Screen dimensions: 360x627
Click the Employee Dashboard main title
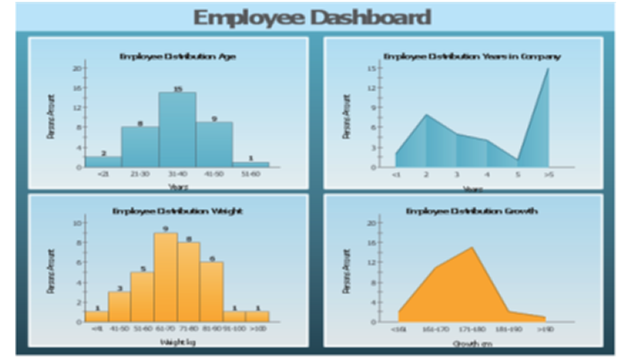click(312, 17)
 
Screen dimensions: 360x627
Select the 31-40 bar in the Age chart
click(177, 130)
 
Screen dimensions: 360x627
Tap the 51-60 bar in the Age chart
click(251, 164)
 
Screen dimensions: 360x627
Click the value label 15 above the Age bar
click(177, 88)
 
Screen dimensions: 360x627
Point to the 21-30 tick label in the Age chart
click(139, 174)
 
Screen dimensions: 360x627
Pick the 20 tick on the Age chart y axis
click(76, 67)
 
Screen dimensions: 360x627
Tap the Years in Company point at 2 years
click(425, 114)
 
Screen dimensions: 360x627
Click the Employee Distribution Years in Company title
click(471, 56)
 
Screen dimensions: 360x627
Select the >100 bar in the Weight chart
click(257, 317)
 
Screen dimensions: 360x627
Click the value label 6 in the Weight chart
click(212, 258)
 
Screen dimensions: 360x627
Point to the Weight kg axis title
click(175, 342)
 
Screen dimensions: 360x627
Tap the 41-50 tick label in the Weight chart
click(118, 328)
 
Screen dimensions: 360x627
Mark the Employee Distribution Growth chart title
click(471, 211)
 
